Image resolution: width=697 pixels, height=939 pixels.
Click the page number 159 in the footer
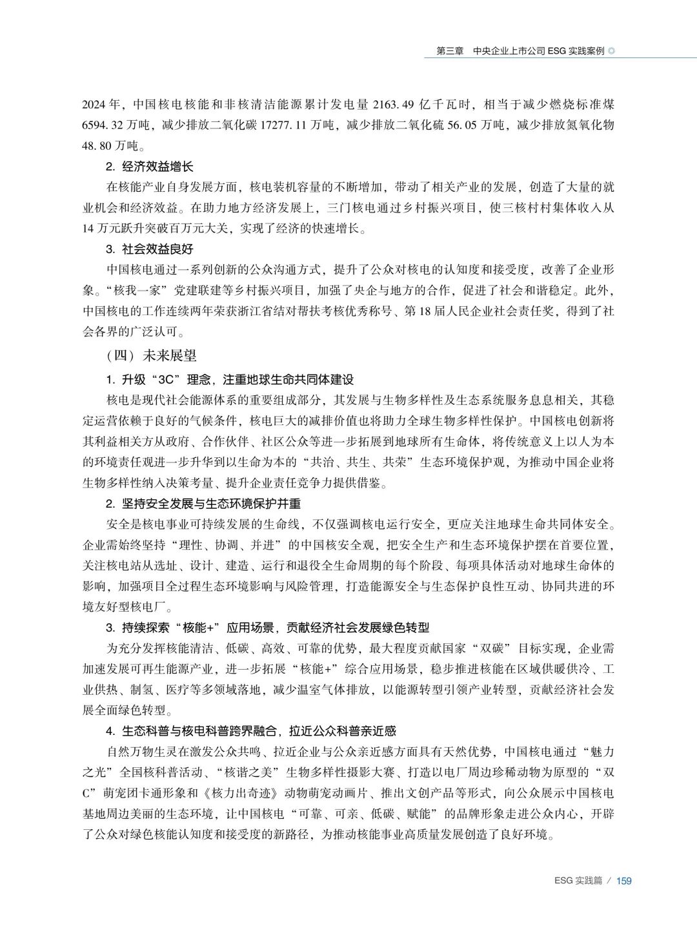click(x=623, y=880)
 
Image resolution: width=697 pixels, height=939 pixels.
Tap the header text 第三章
click(x=450, y=51)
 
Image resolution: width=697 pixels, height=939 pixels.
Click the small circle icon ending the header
click(x=612, y=51)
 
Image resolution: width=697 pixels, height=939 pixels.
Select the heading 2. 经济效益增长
click(x=149, y=167)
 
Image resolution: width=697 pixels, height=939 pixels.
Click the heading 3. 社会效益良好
click(x=149, y=249)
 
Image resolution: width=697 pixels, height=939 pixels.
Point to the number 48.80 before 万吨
click(x=97, y=145)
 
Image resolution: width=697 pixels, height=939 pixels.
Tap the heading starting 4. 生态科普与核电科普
click(x=251, y=730)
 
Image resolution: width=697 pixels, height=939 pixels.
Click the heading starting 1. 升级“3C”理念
click(x=230, y=379)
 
